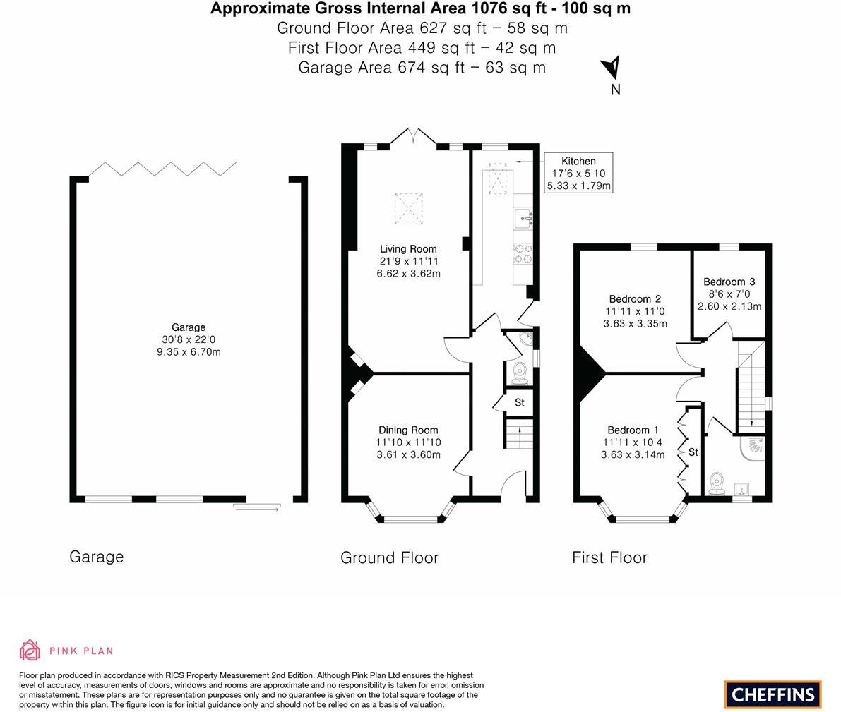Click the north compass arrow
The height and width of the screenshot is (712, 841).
click(612, 68)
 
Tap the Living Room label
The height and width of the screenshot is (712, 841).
click(408, 248)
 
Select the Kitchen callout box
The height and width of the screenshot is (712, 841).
click(578, 173)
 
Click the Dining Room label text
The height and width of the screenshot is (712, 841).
click(408, 430)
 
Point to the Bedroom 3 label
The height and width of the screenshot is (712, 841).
click(729, 282)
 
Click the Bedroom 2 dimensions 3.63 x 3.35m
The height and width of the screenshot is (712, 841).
click(635, 324)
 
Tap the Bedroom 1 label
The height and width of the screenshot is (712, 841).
click(633, 430)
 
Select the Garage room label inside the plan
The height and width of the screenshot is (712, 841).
click(189, 327)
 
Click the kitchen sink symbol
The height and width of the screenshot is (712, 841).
click(523, 215)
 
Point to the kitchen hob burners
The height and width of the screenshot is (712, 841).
click(523, 253)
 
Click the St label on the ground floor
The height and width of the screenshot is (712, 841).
click(520, 402)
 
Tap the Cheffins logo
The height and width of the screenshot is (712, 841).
click(773, 694)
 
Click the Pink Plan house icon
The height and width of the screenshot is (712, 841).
click(30, 650)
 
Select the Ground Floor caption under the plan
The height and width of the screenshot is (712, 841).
click(389, 557)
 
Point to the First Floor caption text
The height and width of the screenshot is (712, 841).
click(609, 557)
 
